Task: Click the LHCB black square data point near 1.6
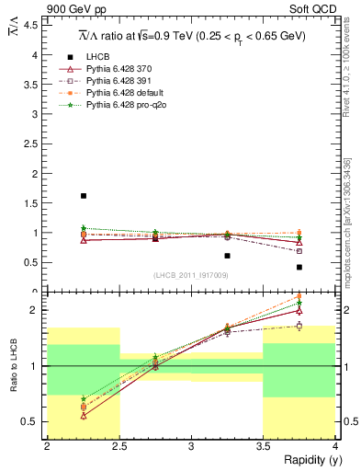[84, 196]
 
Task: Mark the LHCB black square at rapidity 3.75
[299, 267]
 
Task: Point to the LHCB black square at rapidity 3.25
[227, 256]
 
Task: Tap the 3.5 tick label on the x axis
[264, 446]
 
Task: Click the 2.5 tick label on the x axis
[119, 446]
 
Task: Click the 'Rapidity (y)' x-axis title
[308, 460]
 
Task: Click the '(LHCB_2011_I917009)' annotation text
[191, 275]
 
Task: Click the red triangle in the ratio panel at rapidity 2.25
[84, 416]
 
